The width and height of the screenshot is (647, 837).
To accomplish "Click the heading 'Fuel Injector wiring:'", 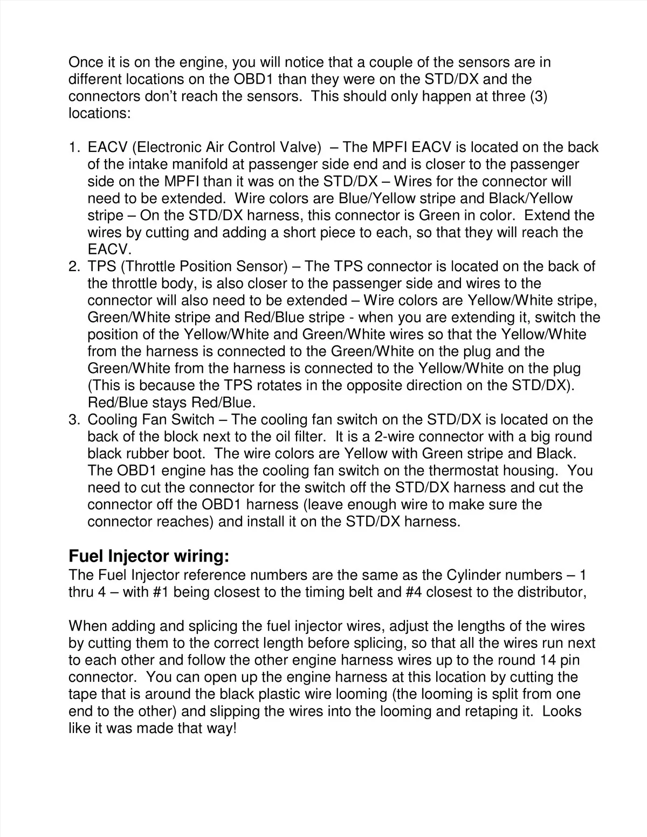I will pos(149,556).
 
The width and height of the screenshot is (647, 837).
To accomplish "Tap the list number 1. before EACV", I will pos(74,148).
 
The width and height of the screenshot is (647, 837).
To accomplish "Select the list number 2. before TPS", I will pos(74,267).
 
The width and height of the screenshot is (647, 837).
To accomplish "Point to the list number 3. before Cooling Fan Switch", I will pos(74,420).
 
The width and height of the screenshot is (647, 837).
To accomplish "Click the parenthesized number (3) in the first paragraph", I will pos(536,97).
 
